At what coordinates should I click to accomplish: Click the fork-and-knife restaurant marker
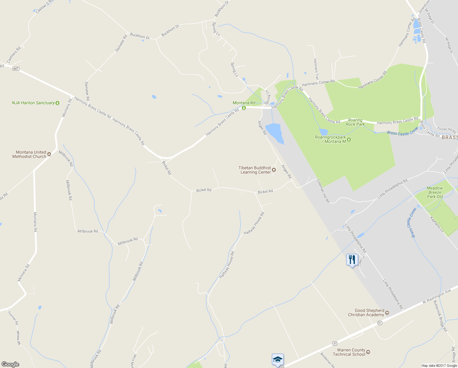point(352,260)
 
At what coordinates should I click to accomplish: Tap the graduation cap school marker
point(278,359)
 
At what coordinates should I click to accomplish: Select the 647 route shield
point(16,69)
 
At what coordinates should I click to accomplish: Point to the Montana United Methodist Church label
point(29,154)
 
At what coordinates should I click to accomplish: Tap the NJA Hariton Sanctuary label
point(33,103)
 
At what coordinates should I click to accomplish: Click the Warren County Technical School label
point(351,352)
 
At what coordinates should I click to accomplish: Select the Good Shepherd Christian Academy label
point(366,312)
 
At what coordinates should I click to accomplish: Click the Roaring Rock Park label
point(355,122)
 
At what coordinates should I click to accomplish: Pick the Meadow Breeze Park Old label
point(435,192)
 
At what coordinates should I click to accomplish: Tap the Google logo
point(10,364)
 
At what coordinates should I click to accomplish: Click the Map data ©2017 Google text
point(439,366)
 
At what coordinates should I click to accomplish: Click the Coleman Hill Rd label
point(323,191)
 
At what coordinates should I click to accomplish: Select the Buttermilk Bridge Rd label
point(440,316)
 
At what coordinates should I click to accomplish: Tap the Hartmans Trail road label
point(316,69)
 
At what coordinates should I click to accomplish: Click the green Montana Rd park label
point(244,103)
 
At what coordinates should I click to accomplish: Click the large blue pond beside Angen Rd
point(274,132)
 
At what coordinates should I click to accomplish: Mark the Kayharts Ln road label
point(437,224)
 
